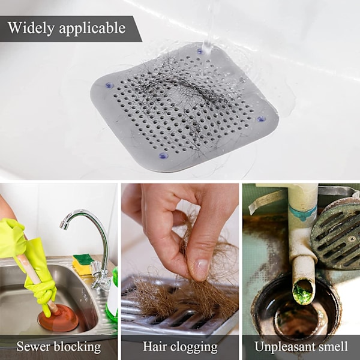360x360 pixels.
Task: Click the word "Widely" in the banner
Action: click(31, 28)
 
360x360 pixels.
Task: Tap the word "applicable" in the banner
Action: click(92, 28)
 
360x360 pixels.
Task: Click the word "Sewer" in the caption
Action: click(32, 346)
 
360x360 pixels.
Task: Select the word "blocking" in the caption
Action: click(77, 347)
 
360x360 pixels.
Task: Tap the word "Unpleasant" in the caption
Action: click(285, 347)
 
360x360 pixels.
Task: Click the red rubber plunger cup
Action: click(58, 317)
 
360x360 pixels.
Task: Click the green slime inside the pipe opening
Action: click(303, 290)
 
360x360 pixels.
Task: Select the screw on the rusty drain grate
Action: click(352, 239)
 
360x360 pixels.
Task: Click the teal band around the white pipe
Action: click(302, 212)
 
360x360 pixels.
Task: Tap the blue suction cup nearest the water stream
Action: click(200, 51)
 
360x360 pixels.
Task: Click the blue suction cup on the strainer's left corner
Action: click(109, 85)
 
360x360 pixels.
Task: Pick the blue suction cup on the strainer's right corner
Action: click(261, 119)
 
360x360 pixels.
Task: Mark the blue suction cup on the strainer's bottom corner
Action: click(163, 155)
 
